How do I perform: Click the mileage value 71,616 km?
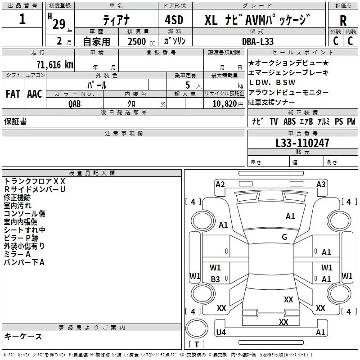(x=54, y=64)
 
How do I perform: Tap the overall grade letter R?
(x=343, y=21)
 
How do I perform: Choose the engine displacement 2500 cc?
(x=138, y=41)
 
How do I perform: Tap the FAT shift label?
(x=13, y=94)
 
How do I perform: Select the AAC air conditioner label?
(x=35, y=94)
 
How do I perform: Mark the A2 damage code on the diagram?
(x=220, y=184)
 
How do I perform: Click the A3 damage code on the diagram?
(x=321, y=184)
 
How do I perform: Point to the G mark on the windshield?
(x=284, y=237)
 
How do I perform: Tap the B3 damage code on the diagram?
(x=216, y=279)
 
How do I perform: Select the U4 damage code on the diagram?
(x=221, y=333)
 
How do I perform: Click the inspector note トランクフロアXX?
(x=35, y=181)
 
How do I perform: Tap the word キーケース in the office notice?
(x=23, y=336)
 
